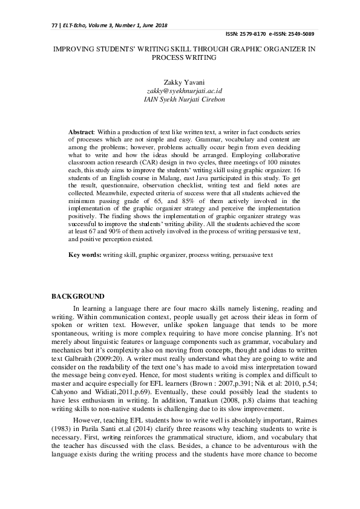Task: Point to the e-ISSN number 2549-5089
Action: [x=302, y=34]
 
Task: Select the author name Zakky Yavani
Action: [x=180, y=82]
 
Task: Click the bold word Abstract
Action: [x=81, y=131]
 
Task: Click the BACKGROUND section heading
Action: [x=77, y=297]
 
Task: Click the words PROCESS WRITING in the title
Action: [x=180, y=58]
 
